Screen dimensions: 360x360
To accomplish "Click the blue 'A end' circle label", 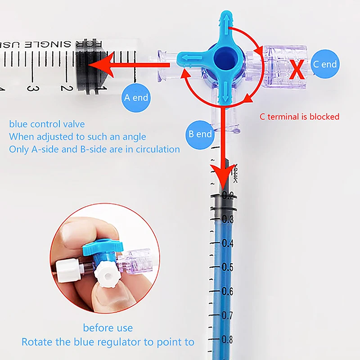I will click(x=135, y=97).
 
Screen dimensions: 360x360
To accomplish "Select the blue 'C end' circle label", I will click(x=324, y=64).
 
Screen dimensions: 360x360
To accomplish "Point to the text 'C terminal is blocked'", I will click(x=299, y=117).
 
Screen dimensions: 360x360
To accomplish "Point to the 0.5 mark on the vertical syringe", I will click(x=227, y=267).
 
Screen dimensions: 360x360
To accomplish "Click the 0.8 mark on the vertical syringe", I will click(x=227, y=339).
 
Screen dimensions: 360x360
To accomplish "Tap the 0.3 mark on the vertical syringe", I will click(x=227, y=219).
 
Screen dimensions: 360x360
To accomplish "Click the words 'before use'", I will click(x=108, y=328).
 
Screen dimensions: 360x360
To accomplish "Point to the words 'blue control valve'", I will click(x=47, y=124).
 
